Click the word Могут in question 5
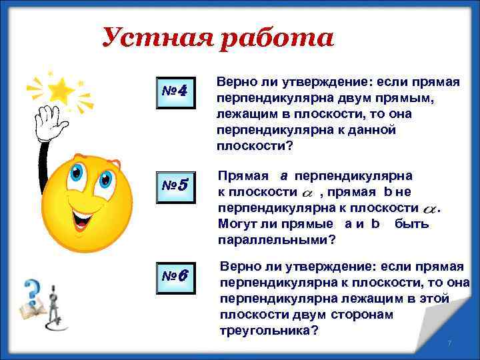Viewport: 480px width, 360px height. [237, 223]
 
